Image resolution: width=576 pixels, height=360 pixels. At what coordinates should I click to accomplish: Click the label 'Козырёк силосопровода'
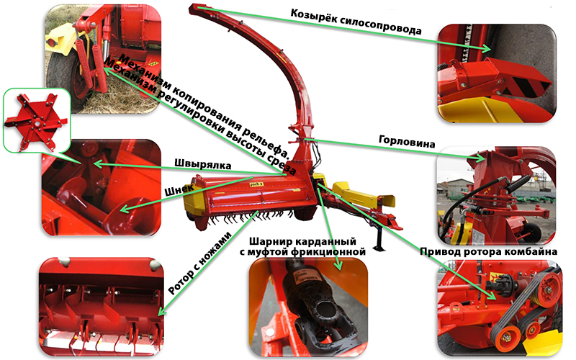click(x=356, y=22)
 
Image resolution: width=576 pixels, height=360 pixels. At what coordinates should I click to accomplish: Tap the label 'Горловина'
click(x=407, y=141)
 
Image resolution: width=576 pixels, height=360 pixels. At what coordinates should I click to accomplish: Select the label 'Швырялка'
click(x=203, y=164)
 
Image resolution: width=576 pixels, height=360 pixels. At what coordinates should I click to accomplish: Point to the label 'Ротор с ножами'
click(x=200, y=263)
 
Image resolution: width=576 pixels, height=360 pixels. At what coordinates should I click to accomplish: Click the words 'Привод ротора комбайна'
click(x=488, y=251)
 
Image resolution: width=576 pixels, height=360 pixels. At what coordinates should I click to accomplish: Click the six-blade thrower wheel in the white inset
click(x=37, y=122)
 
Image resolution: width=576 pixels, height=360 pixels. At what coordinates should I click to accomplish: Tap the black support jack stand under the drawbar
click(x=379, y=239)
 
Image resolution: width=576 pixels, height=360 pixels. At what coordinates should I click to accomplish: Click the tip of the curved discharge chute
click(x=195, y=6)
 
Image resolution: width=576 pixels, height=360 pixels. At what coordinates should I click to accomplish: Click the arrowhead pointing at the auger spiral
click(x=125, y=209)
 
